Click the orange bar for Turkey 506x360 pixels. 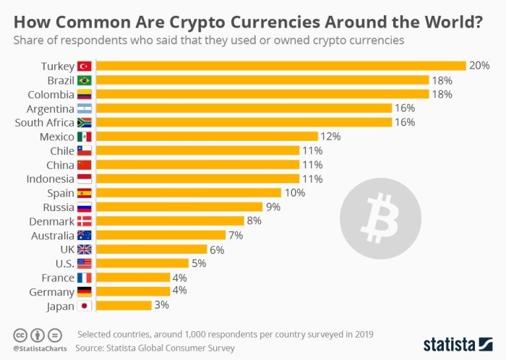pos(280,66)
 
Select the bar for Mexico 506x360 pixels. pos(207,137)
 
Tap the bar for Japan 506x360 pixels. pos(124,306)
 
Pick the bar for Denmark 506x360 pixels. pos(170,221)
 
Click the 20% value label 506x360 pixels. pos(479,66)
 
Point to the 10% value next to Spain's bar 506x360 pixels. pos(295,193)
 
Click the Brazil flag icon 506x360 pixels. pos(85,80)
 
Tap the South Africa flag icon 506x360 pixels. pos(85,122)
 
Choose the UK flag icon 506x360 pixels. pos(85,249)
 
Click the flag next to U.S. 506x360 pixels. pos(85,264)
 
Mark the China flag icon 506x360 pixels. pos(85,165)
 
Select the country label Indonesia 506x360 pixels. pos(50,179)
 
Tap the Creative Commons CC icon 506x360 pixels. pos(20,335)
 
